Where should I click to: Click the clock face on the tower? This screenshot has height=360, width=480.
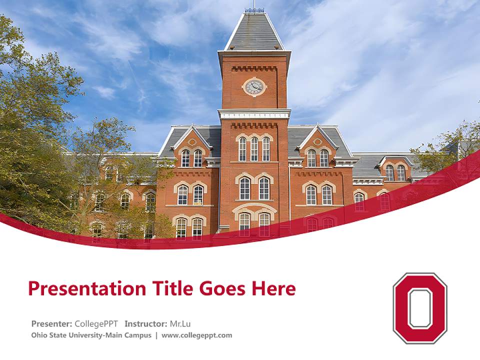tap(254, 86)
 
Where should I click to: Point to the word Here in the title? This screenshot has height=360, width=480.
tap(273, 288)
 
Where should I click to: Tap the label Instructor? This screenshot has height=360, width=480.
tap(145, 323)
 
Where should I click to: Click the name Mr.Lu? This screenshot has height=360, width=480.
tap(180, 323)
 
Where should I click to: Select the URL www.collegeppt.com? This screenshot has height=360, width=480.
tap(196, 335)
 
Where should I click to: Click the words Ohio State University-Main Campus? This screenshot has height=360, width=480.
tap(91, 335)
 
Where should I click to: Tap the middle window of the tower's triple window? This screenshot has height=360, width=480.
tap(254, 149)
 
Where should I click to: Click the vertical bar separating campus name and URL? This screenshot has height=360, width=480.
tap(156, 335)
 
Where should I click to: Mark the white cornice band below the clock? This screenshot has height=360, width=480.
tap(254, 114)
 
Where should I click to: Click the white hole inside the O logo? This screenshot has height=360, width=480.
tap(420, 308)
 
